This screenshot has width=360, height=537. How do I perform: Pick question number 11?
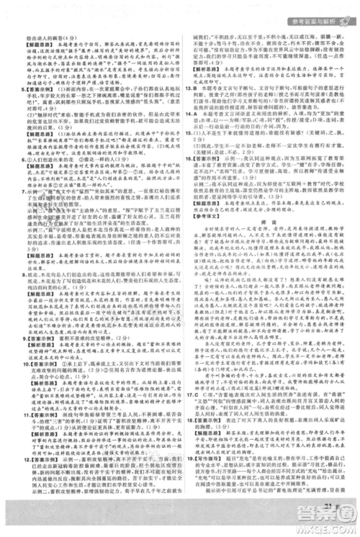12,433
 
